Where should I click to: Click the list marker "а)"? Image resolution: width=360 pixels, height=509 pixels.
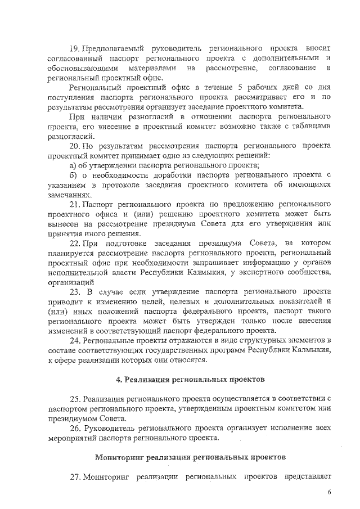pos(73,165)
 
